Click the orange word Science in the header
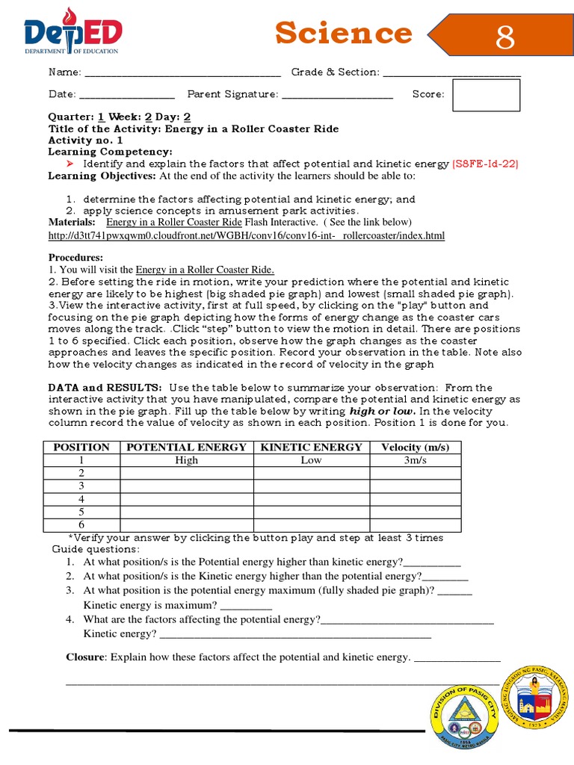point(343,33)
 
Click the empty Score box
point(487,94)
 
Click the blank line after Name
point(182,73)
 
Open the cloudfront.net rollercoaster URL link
point(246,235)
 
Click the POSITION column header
point(81,447)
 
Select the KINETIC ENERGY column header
point(311,447)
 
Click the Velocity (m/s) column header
point(415,447)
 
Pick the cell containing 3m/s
point(415,460)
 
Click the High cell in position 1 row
point(186,460)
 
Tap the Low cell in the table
point(311,460)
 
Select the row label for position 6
point(81,524)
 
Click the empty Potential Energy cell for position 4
point(186,498)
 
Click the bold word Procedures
point(75,257)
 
